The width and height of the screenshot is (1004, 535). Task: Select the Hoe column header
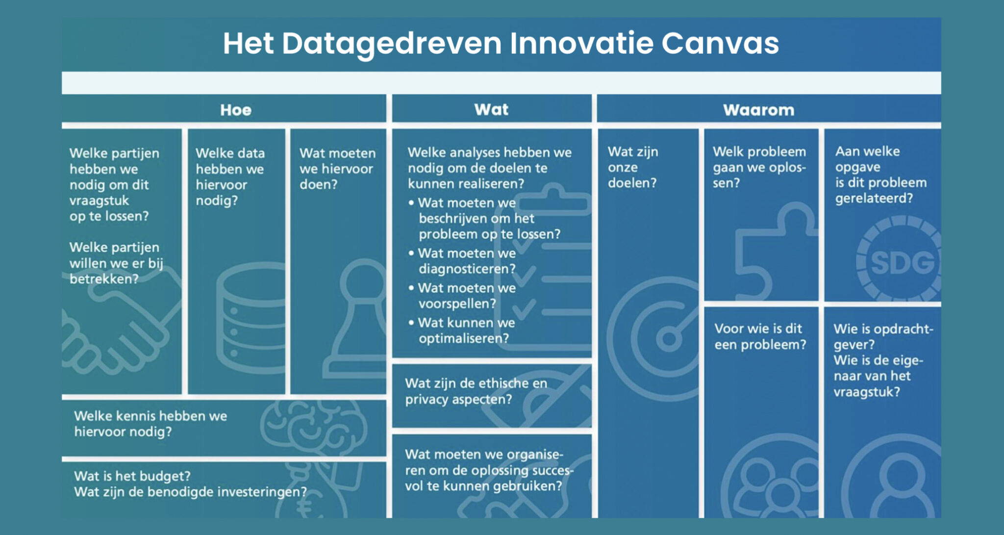point(236,110)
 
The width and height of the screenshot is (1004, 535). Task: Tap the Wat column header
point(491,109)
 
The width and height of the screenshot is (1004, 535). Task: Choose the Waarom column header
point(758,110)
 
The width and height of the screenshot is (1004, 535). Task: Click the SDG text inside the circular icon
point(903,262)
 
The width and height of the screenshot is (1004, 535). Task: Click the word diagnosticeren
point(467,269)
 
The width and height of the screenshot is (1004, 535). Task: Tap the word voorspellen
point(457,304)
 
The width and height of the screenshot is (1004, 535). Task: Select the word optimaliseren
point(463,338)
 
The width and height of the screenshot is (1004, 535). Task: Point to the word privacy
point(427,400)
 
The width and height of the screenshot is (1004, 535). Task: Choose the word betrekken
point(104,279)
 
